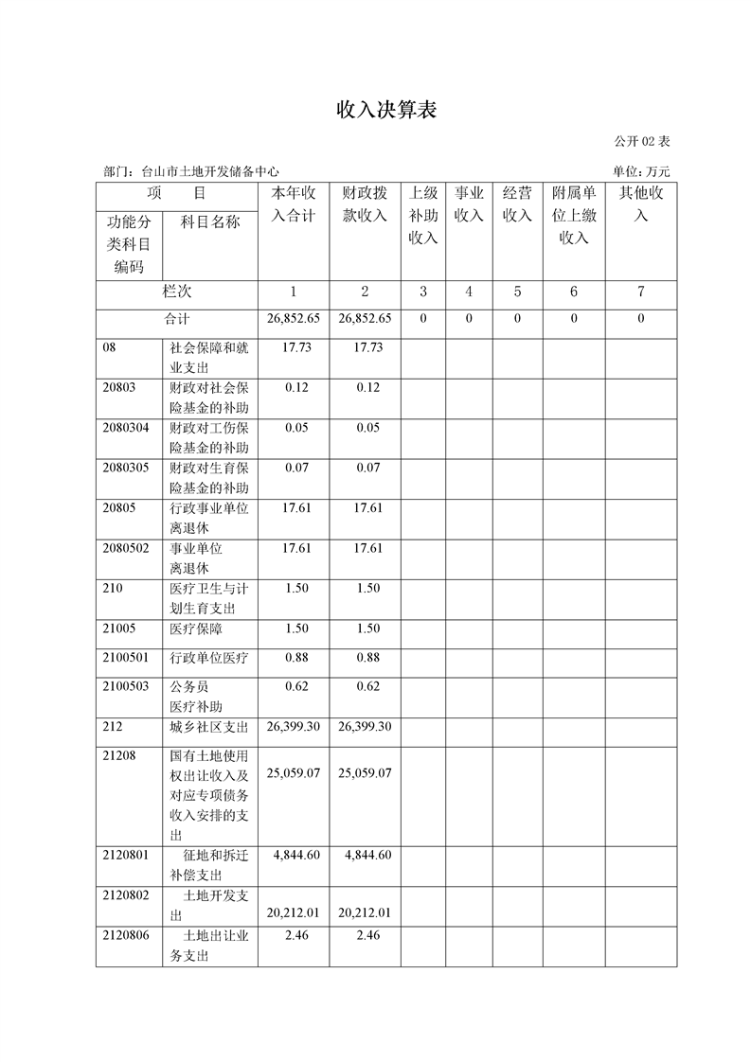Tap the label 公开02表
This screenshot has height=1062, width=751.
[x=641, y=141]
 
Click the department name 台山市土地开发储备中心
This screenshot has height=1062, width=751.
[x=209, y=171]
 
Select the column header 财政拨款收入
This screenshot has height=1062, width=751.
[x=365, y=204]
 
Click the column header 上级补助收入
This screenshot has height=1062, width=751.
[x=422, y=215]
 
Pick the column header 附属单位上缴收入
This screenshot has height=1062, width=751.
[x=574, y=215]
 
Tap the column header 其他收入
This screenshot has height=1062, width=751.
[x=641, y=204]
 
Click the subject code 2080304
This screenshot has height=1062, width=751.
[x=126, y=427]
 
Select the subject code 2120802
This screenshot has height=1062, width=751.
[x=126, y=895]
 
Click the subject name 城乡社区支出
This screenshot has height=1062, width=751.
[x=208, y=727]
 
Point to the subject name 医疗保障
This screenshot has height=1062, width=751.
[x=196, y=628]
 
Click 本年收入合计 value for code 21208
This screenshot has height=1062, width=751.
[x=294, y=773]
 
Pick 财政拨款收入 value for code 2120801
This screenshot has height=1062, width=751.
[x=365, y=855]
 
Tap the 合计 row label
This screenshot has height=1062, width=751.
[x=177, y=319]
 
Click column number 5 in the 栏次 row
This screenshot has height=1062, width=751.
[x=517, y=292]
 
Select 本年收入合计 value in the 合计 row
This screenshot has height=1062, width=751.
[x=294, y=319]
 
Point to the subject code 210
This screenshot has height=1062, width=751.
[x=113, y=588]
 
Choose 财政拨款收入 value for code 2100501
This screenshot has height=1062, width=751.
[x=365, y=658]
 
